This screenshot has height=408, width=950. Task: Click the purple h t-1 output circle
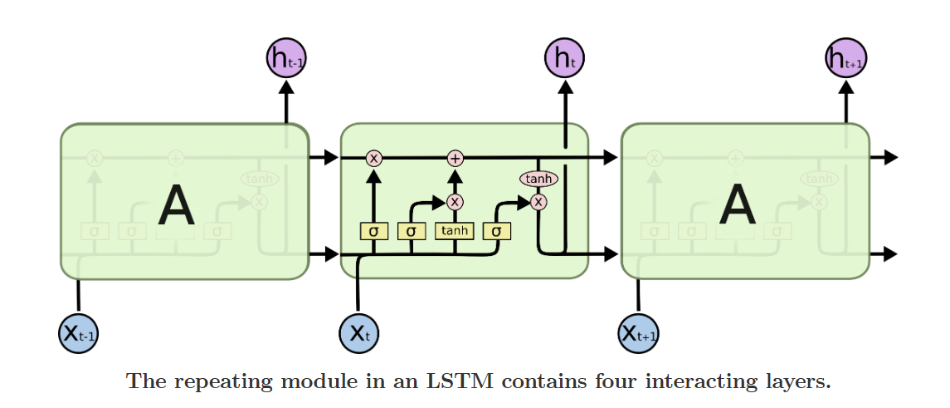tap(286, 59)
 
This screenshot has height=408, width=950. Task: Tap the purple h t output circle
tap(564, 59)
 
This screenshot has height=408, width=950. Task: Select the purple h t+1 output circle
tap(846, 59)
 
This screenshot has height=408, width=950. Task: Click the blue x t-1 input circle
tap(78, 334)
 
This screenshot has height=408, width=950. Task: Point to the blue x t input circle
tap(359, 334)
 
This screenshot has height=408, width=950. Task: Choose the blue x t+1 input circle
tap(639, 334)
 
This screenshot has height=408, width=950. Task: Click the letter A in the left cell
tap(176, 206)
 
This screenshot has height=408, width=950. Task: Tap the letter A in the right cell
tap(738, 204)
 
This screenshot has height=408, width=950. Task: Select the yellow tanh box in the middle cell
tap(454, 231)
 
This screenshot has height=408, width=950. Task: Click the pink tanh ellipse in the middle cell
tap(538, 179)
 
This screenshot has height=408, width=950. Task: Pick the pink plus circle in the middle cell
tap(455, 158)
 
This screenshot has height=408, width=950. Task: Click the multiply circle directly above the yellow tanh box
tap(455, 201)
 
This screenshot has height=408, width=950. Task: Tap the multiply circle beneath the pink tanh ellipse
tap(539, 201)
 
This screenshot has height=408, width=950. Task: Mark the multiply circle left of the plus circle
tap(373, 158)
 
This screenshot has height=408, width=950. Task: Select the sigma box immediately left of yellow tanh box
tap(411, 231)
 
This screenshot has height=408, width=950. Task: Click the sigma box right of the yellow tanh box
tap(496, 231)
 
